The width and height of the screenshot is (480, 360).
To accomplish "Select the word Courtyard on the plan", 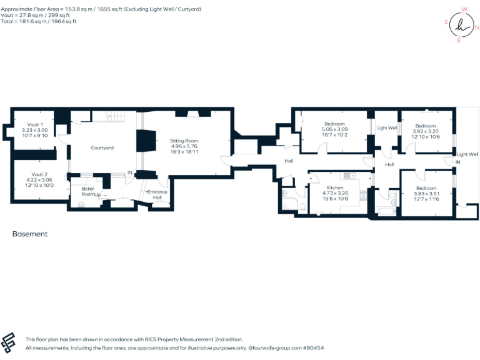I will [102, 147].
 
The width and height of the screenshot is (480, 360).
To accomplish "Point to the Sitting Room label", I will [184, 141].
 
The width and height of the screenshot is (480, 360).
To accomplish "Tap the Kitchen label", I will [335, 187].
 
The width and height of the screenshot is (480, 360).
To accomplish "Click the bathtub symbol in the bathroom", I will [386, 211].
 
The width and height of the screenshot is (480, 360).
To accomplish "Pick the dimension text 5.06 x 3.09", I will [335, 129].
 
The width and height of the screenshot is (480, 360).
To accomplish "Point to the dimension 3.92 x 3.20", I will [426, 131].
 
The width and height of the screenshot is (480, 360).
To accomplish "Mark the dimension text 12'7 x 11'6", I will [426, 199].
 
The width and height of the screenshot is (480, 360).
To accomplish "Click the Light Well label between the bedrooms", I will [387, 128].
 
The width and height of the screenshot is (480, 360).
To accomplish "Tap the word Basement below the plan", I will [30, 234].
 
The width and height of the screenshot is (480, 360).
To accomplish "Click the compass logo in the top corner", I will [461, 25].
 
